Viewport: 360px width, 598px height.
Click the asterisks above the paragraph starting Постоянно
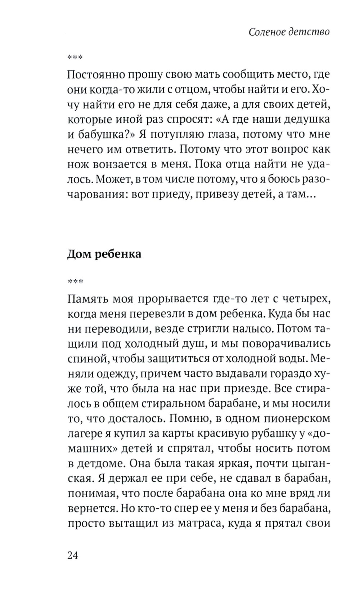coord(75,57)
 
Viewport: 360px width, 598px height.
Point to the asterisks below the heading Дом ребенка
coord(75,282)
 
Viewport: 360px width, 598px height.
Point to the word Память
coord(86,299)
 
